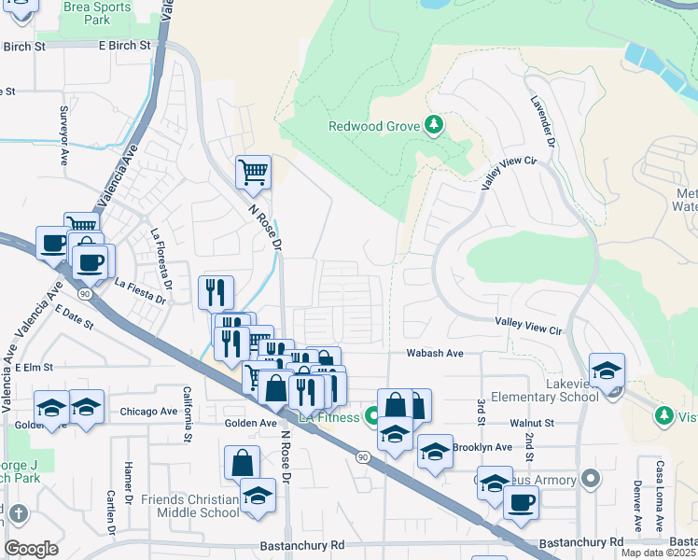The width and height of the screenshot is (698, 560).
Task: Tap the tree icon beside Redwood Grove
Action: click(x=433, y=125)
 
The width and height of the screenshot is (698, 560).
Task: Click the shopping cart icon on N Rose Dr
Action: click(x=253, y=173)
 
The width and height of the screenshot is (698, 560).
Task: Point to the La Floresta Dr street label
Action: click(x=161, y=254)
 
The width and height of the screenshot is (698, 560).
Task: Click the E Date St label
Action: click(x=74, y=317)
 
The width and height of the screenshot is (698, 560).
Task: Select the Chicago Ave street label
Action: click(x=148, y=412)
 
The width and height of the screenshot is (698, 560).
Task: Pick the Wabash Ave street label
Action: click(x=434, y=354)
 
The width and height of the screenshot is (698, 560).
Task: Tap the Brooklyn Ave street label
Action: click(x=482, y=447)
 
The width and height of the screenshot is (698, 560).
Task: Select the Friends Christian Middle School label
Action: click(x=189, y=506)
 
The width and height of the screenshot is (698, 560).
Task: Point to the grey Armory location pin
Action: click(x=589, y=481)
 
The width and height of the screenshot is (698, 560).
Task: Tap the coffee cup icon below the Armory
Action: click(x=521, y=503)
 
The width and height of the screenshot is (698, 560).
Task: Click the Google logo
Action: click(x=31, y=548)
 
